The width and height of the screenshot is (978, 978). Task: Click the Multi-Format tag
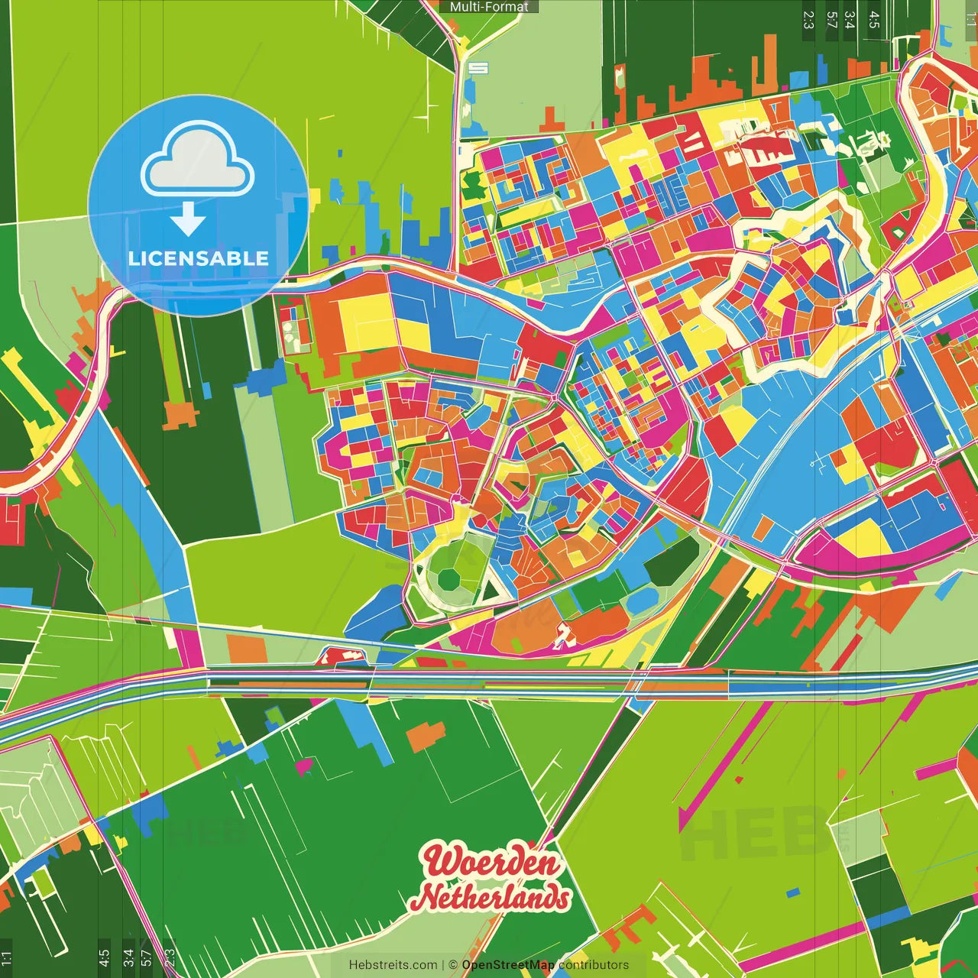(x=489, y=7)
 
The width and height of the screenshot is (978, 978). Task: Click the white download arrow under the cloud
(x=188, y=220)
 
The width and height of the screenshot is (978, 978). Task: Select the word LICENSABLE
(x=199, y=258)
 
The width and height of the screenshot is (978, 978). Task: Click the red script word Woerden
(x=492, y=863)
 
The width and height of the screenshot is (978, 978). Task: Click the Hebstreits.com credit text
(x=393, y=965)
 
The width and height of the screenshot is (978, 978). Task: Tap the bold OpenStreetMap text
(x=508, y=965)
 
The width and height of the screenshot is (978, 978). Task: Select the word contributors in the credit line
(x=594, y=965)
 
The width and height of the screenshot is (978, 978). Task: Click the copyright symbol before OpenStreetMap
(x=453, y=965)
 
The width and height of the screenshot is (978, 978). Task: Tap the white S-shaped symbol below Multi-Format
(x=478, y=68)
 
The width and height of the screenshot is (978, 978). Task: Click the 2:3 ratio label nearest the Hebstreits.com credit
(x=170, y=958)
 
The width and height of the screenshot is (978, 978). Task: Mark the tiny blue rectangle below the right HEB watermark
(x=792, y=892)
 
